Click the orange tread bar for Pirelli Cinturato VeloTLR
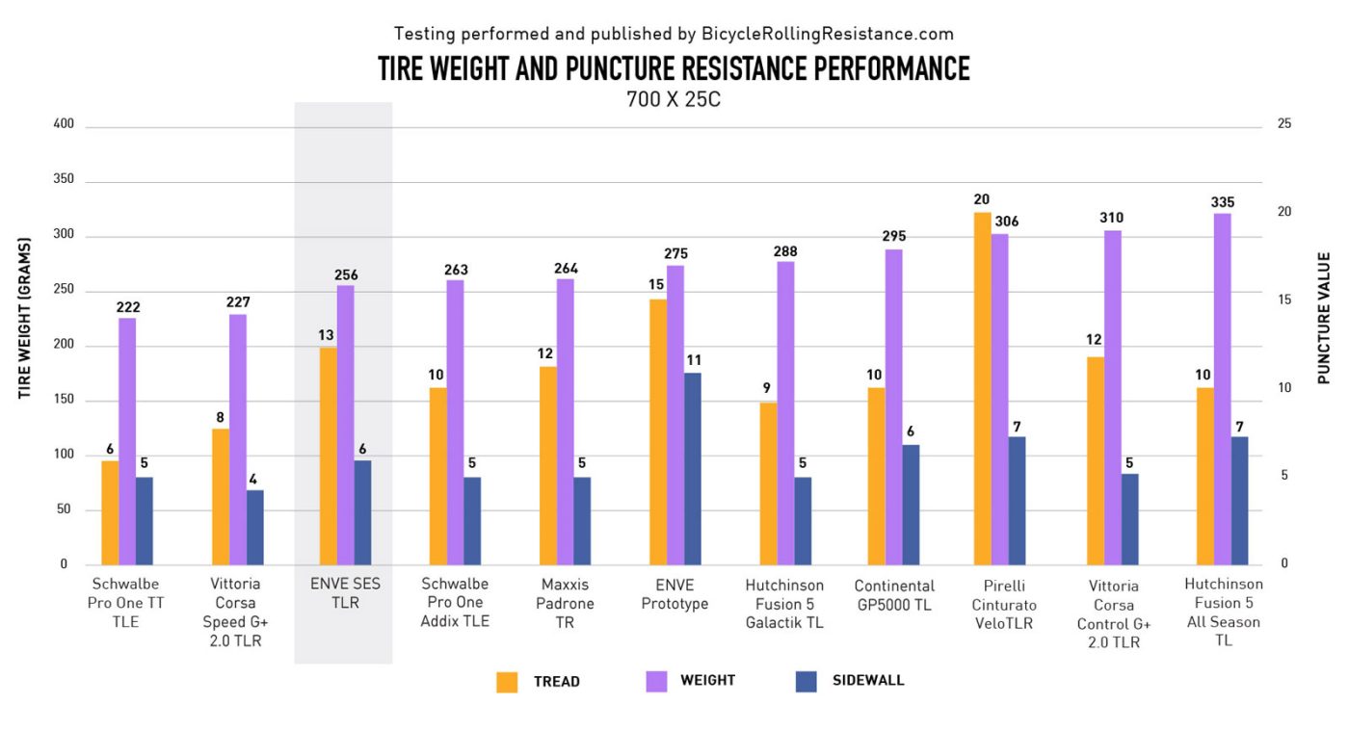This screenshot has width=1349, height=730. point(982,389)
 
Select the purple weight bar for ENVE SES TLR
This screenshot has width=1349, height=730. point(345,425)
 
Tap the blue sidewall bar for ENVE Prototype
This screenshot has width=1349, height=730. point(693,469)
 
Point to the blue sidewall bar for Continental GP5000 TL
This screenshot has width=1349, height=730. point(912,505)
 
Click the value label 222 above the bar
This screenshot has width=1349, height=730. point(127,307)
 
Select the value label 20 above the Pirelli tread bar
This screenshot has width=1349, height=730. point(982,200)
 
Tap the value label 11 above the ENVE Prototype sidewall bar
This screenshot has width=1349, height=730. point(693,361)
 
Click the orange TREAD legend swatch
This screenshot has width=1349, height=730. point(508,682)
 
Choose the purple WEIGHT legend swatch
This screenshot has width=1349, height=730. point(655,681)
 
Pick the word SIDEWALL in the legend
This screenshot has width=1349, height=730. point(868,681)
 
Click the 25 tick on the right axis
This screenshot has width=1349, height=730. point(1284,124)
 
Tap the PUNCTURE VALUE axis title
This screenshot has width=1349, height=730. point(1325,318)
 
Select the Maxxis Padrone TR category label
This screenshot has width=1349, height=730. point(565,604)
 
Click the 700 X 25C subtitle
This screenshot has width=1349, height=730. point(674,99)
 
